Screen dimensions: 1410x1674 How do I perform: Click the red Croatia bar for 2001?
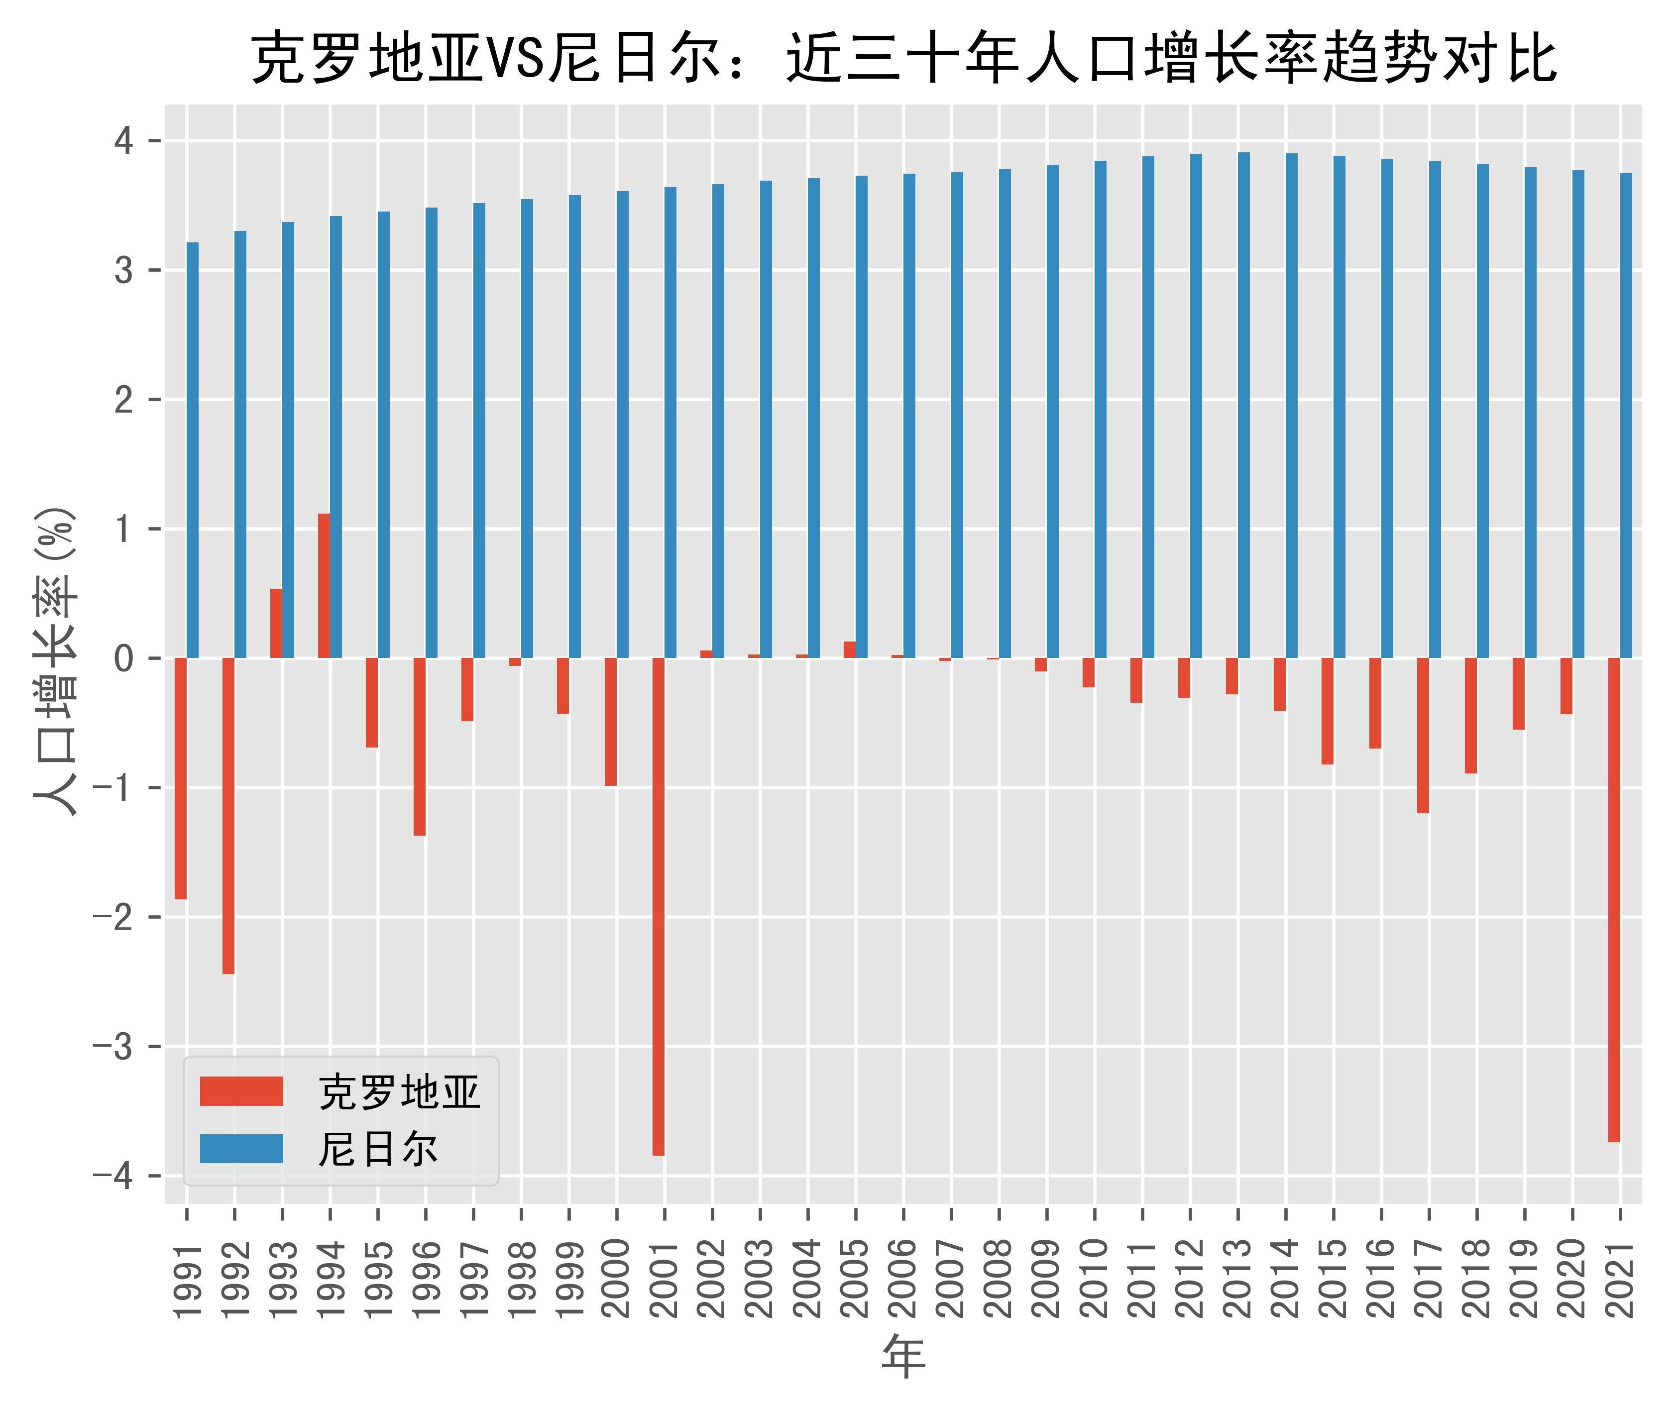(x=658, y=906)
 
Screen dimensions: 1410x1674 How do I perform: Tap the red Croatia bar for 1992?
(x=228, y=815)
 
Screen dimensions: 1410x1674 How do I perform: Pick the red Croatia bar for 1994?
(x=324, y=585)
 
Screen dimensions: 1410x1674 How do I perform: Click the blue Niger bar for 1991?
(x=193, y=450)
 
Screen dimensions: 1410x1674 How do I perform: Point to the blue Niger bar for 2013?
(x=1244, y=405)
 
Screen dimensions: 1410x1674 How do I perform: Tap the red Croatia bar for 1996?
(x=420, y=747)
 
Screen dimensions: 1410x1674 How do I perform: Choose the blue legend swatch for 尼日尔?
(x=241, y=1149)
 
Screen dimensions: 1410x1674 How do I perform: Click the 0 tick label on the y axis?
(x=124, y=658)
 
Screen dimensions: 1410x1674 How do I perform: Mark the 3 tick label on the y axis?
(x=124, y=271)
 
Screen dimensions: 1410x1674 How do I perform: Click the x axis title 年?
(x=903, y=1356)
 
